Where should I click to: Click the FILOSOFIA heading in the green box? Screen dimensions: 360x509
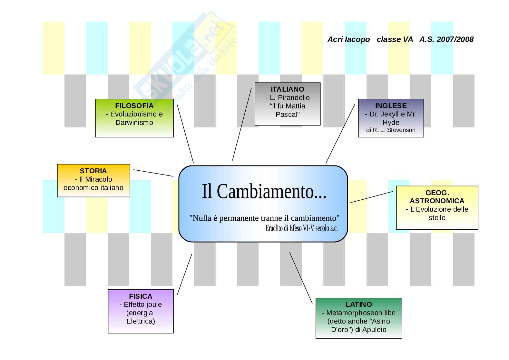pyautogui.click(x=134, y=106)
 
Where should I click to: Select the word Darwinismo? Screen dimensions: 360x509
pyautogui.click(x=134, y=123)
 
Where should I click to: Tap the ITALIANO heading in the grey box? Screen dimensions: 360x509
pyautogui.click(x=287, y=89)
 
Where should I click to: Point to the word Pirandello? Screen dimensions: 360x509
pyautogui.click(x=290, y=98)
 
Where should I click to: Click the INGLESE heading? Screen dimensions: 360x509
pyautogui.click(x=391, y=106)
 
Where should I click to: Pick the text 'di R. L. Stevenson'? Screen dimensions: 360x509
pyautogui.click(x=391, y=130)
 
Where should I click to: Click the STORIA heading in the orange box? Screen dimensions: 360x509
pyautogui.click(x=93, y=171)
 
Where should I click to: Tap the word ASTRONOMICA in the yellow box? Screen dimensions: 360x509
pyautogui.click(x=437, y=201)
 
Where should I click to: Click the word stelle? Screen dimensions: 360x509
pyautogui.click(x=437, y=218)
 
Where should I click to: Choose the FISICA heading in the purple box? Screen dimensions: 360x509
pyautogui.click(x=141, y=296)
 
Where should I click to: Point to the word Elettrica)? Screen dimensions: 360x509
pyautogui.click(x=141, y=321)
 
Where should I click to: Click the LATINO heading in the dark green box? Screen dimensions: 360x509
pyautogui.click(x=358, y=305)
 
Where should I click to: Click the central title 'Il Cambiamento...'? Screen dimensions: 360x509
pyautogui.click(x=264, y=192)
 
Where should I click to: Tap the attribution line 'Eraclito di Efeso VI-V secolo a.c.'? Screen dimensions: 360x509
pyautogui.click(x=301, y=228)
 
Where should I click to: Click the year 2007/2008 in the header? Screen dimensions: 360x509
pyautogui.click(x=455, y=39)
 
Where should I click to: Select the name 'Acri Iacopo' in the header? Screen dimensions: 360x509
pyautogui.click(x=348, y=39)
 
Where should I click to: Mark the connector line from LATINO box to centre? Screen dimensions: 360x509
pyautogui.click(x=301, y=278)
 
